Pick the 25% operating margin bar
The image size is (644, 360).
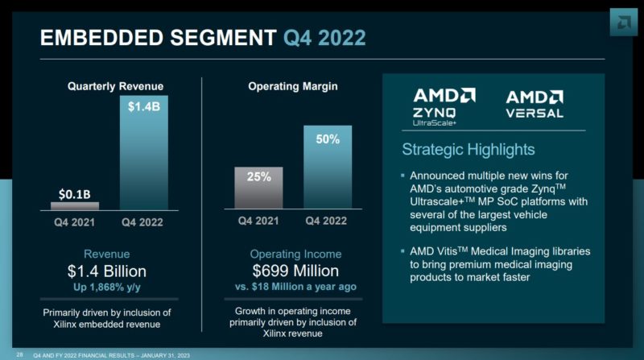[258, 188]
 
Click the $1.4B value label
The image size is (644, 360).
[144, 106]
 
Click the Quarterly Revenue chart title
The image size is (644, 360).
[115, 85]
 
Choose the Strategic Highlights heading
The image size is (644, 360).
[468, 150]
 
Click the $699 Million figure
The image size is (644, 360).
[295, 271]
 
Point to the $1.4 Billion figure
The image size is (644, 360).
[107, 271]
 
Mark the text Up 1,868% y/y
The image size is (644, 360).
[107, 287]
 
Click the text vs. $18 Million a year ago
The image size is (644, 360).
[295, 287]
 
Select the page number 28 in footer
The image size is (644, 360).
[19, 353]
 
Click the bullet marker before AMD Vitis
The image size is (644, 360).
[402, 252]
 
